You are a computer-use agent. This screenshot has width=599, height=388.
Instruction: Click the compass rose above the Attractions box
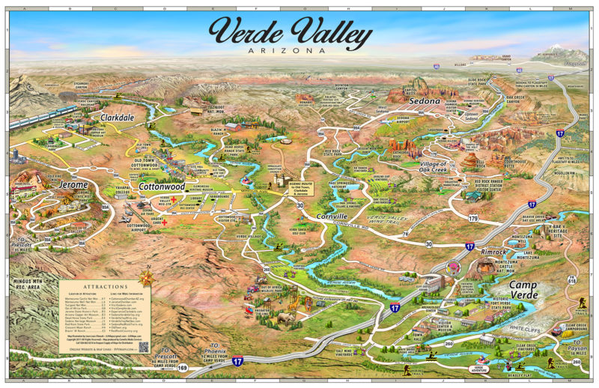tap(148, 277)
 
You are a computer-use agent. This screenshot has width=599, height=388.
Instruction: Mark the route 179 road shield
tap(472, 219)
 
